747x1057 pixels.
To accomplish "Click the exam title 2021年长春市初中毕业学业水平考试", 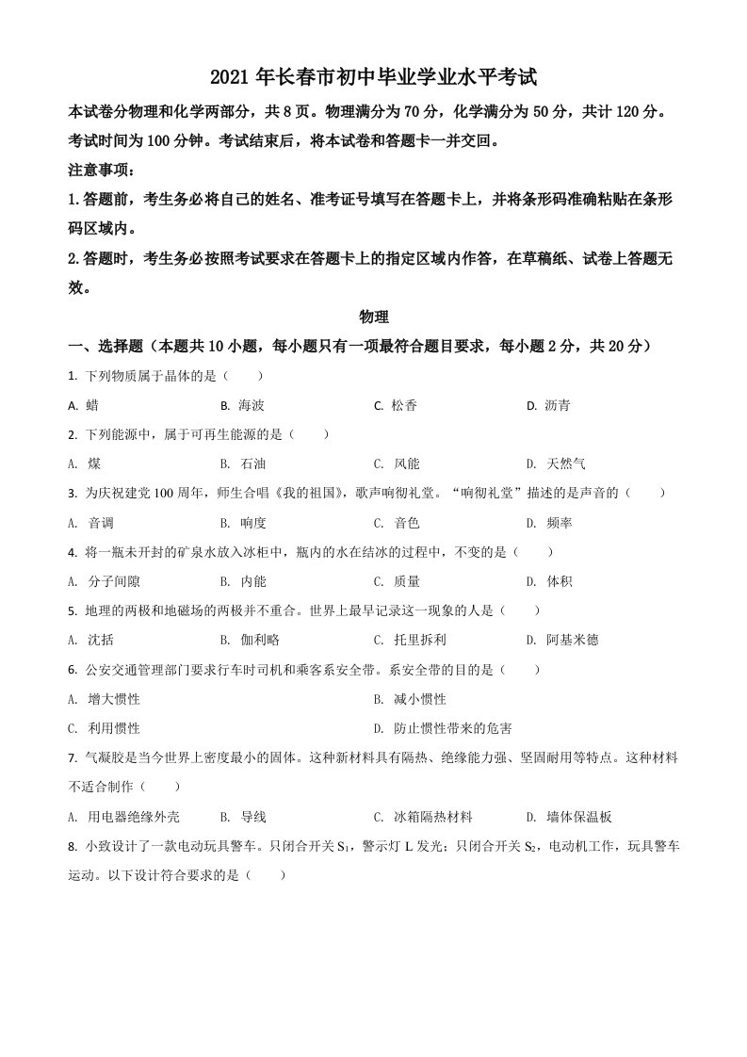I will pyautogui.click(x=374, y=76).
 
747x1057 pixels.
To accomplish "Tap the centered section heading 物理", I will pyautogui.click(x=374, y=318).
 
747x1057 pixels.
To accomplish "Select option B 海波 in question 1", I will pyautogui.click(x=243, y=405).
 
